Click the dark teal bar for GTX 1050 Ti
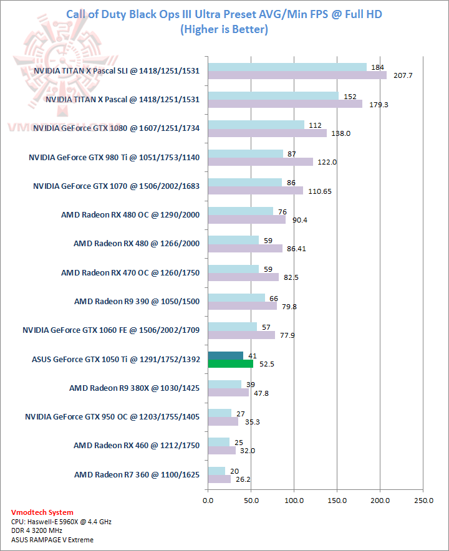click(225, 355)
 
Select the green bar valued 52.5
click(230, 363)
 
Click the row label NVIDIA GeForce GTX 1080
click(117, 128)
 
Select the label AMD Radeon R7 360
click(137, 474)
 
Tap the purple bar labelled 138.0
click(267, 133)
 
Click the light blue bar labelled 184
click(287, 67)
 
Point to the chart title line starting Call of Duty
click(223, 15)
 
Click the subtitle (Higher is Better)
click(223, 29)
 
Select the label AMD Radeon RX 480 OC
click(130, 215)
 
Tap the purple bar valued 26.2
click(219, 479)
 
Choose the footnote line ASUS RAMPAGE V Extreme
click(52, 540)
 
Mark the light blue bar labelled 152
click(273, 96)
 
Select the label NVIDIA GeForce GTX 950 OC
click(112, 416)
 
